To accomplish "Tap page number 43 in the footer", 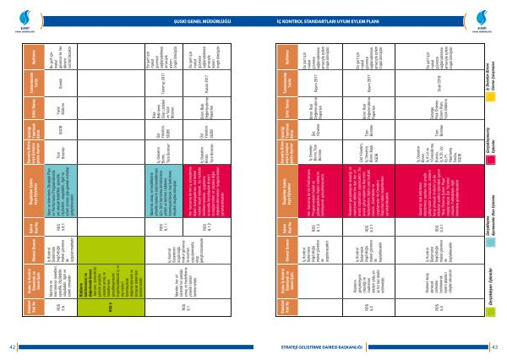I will click(x=494, y=346).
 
